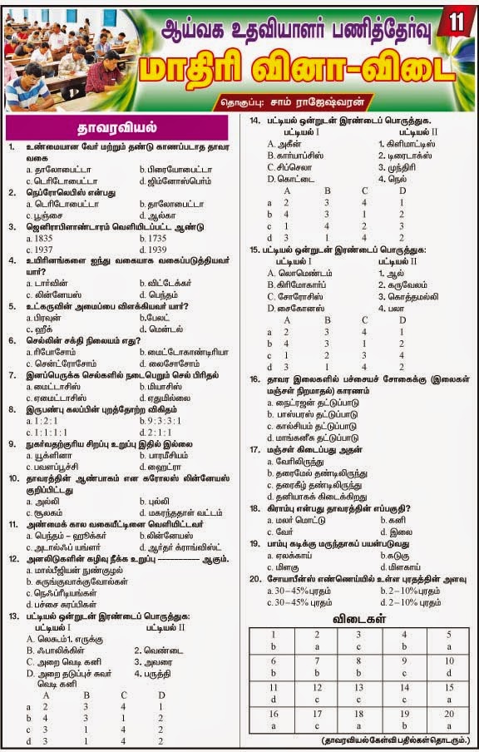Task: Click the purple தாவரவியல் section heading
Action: [116, 128]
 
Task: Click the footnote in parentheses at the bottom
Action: [395, 739]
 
